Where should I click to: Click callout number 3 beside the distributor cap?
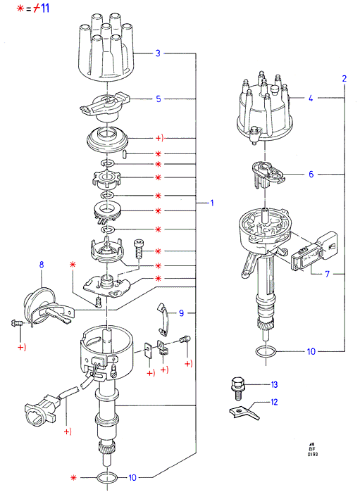click(x=158, y=53)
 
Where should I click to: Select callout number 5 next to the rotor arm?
click(x=159, y=99)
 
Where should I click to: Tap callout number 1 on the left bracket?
click(x=212, y=203)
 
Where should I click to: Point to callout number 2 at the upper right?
click(x=345, y=78)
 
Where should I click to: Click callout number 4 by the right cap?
click(x=311, y=98)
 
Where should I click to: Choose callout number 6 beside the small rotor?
click(x=311, y=174)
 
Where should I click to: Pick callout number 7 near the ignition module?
click(x=328, y=274)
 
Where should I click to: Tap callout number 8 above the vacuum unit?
click(x=42, y=265)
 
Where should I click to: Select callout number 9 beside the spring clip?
click(x=181, y=313)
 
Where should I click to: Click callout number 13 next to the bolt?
click(x=274, y=384)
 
